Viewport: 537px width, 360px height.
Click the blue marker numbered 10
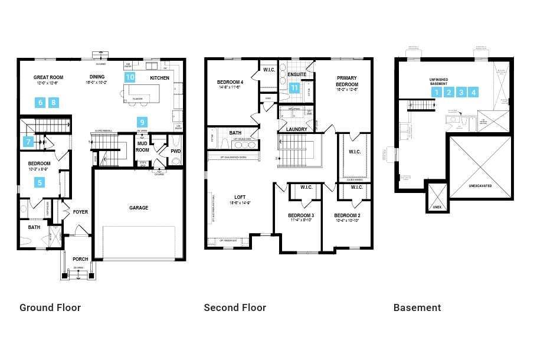130,77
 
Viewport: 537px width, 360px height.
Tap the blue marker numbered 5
40,182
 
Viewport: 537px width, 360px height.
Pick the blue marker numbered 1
436,92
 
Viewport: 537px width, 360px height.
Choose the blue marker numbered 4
473,92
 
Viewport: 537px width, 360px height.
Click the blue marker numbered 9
142,122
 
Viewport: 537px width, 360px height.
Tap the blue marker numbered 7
28,142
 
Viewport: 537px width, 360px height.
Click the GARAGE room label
139,208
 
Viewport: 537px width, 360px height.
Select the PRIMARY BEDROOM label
348,81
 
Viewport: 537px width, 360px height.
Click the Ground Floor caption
50,307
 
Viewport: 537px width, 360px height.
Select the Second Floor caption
235,307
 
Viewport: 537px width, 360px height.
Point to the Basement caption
417,307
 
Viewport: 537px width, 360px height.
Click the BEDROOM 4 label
230,82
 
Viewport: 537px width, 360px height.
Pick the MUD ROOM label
143,146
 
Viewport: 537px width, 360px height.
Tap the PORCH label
80,259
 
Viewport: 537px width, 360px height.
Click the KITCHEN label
159,78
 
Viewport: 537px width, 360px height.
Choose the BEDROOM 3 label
300,215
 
